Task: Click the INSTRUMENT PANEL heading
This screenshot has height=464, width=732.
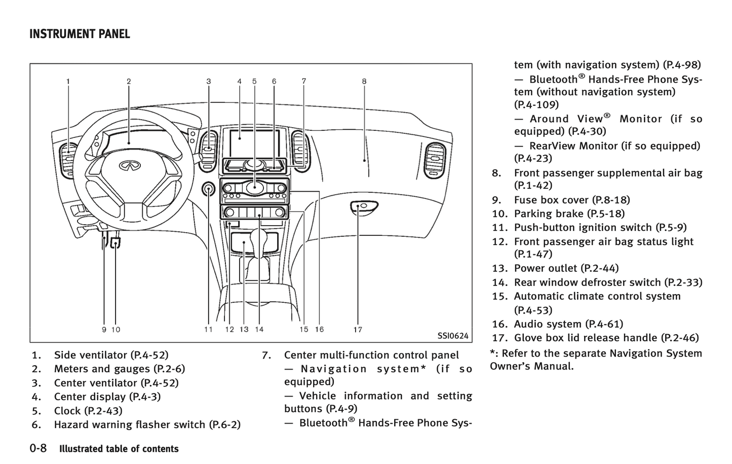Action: tap(80, 34)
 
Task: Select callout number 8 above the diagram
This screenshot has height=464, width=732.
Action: tap(364, 81)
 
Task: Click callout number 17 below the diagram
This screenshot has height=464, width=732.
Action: tap(358, 330)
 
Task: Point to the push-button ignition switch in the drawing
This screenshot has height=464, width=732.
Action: tap(209, 190)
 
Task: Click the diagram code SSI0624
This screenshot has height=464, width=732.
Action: tap(453, 336)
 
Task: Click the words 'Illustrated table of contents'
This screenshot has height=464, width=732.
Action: tap(119, 449)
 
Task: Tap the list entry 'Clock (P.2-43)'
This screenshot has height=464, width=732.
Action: tap(88, 411)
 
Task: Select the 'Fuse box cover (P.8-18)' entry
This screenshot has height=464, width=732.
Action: tap(572, 200)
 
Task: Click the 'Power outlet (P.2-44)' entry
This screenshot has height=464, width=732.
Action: tap(566, 268)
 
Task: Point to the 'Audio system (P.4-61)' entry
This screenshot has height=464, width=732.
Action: tap(568, 324)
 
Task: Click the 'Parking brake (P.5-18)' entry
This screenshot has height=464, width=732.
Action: tap(569, 214)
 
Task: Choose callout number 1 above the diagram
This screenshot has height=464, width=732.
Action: tap(68, 81)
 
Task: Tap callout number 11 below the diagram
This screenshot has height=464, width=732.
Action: tap(208, 330)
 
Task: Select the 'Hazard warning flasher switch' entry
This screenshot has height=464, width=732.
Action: tap(147, 424)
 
